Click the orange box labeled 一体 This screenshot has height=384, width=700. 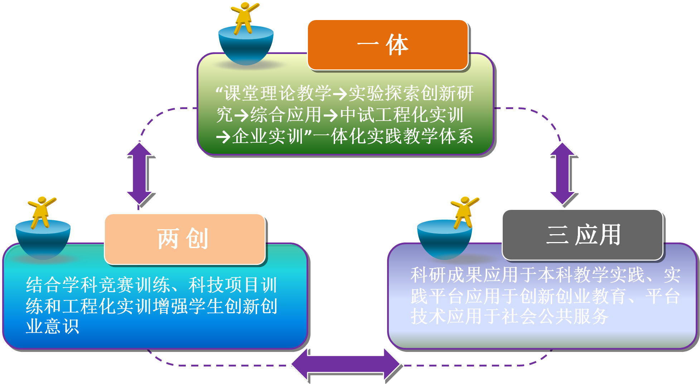388,45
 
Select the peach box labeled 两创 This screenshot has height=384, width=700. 185,239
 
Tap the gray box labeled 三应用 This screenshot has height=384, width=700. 583,235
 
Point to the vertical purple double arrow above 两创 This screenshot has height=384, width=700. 140,174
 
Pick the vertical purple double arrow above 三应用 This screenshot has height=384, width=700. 563,174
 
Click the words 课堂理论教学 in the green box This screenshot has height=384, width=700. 277,94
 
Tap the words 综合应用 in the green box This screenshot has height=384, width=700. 286,115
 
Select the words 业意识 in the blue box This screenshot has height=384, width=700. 52,326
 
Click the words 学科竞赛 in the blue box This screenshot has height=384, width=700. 99,285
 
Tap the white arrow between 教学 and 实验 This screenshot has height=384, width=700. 340,94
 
